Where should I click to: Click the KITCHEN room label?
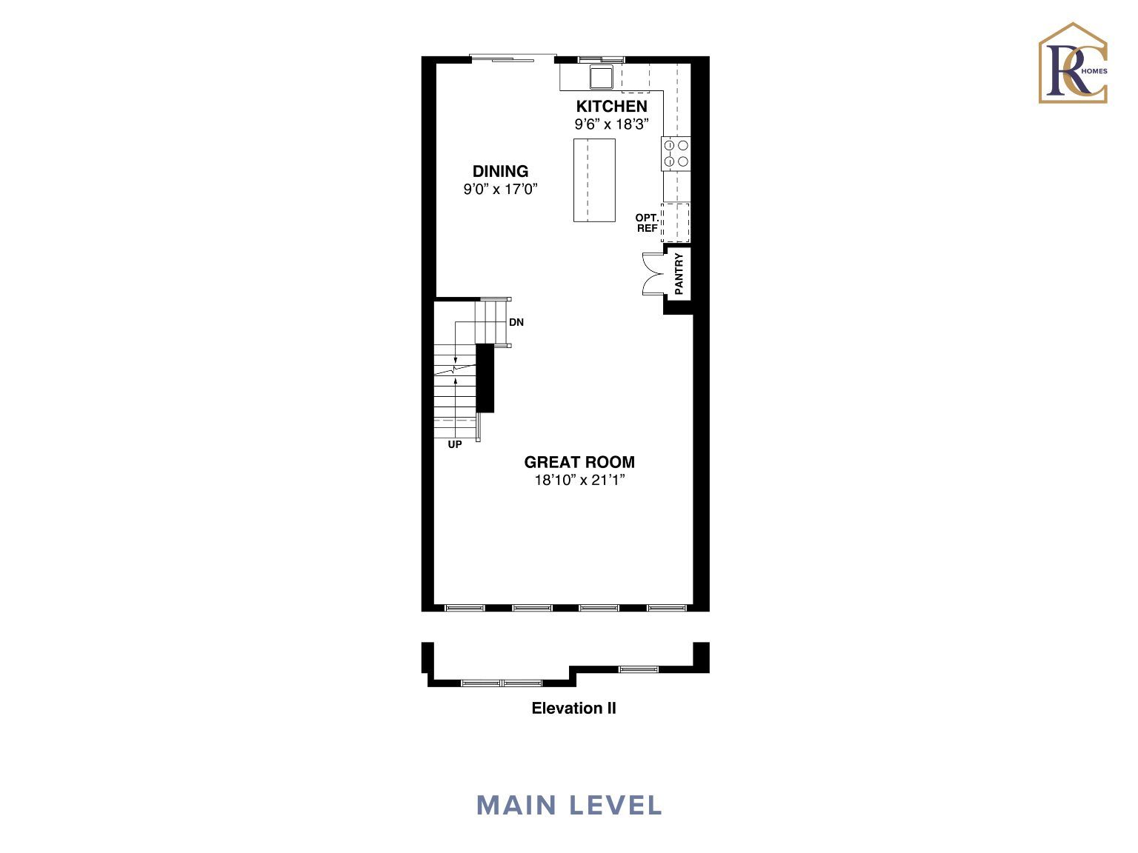point(612,106)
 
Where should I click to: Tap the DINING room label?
point(500,171)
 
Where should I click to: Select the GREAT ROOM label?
point(579,462)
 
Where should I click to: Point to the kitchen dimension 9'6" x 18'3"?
point(612,124)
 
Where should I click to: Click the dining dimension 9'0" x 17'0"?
point(500,189)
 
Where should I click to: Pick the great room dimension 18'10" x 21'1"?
point(579,480)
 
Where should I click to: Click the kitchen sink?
point(601,77)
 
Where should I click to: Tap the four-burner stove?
point(676,154)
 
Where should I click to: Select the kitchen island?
point(594,180)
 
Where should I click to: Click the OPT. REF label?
point(647,223)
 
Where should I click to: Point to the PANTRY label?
point(679,274)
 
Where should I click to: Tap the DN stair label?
point(516,322)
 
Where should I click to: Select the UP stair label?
point(455,444)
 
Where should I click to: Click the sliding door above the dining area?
point(513,58)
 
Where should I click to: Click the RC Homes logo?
point(1073,63)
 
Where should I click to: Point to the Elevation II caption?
point(574,708)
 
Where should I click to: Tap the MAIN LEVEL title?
point(569,806)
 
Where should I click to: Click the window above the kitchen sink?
point(602,59)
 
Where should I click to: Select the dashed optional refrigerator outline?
point(676,223)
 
